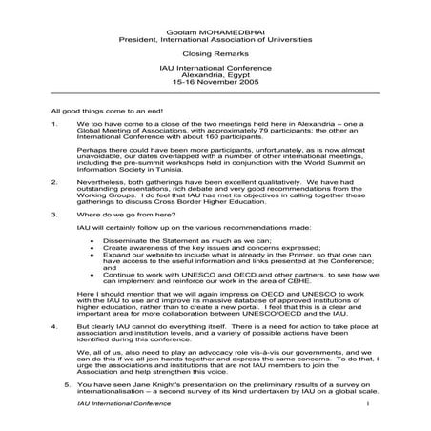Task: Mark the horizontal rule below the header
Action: point(215,93)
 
